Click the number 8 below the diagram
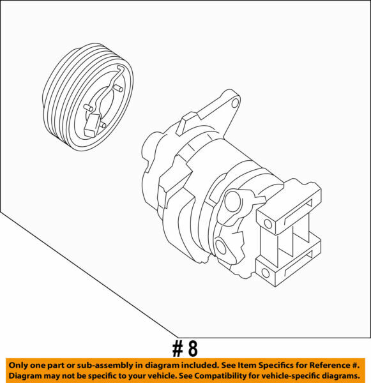click(x=192, y=348)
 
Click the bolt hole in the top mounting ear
click(x=235, y=101)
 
